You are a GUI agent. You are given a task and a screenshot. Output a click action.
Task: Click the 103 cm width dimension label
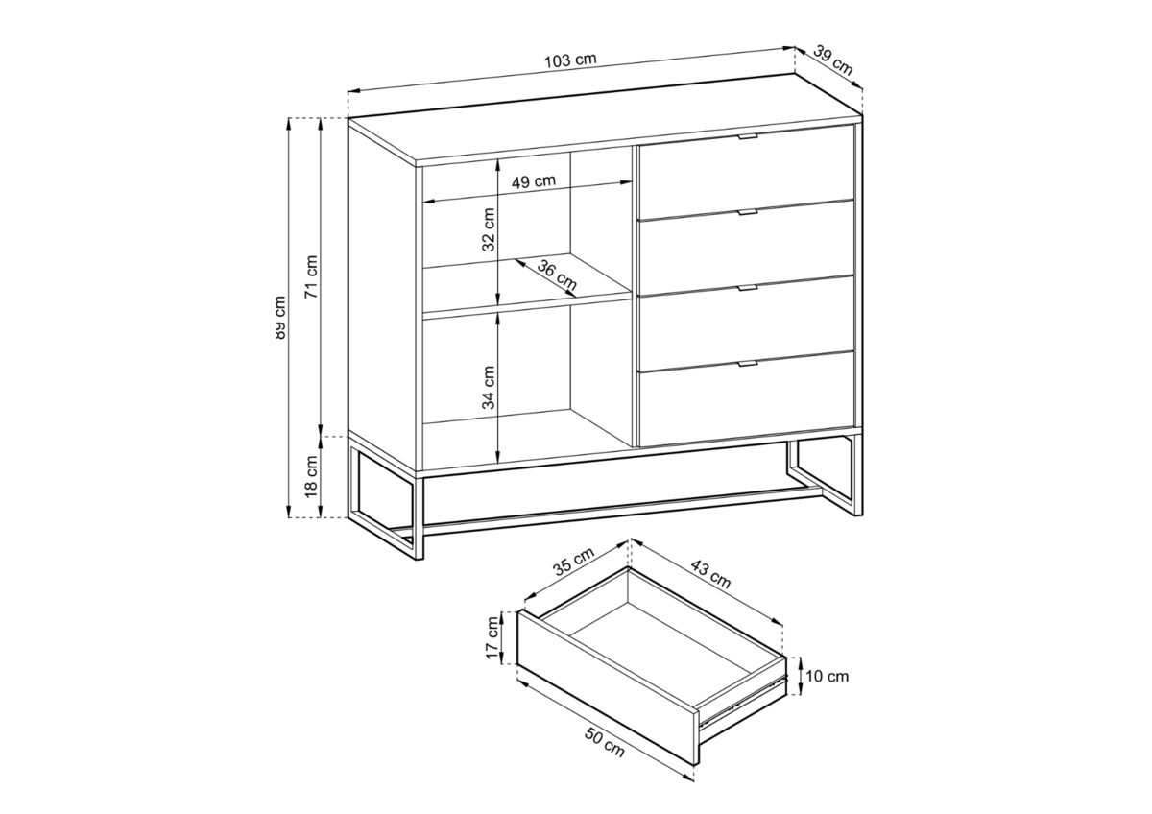pos(570,60)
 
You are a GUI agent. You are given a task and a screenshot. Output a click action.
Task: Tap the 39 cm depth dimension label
pos(833,61)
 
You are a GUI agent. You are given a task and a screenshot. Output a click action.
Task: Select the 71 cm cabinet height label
pos(312,276)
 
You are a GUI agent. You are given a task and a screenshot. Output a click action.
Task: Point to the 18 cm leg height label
pos(312,476)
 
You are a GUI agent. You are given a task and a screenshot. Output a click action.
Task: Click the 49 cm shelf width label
pos(534,181)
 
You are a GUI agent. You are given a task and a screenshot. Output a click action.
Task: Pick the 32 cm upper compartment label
pos(489,229)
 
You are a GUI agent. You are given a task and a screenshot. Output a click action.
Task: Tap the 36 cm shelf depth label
pos(557,275)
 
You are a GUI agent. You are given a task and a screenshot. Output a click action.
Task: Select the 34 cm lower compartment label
pos(489,387)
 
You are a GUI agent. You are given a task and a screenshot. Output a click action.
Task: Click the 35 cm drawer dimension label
pos(573,561)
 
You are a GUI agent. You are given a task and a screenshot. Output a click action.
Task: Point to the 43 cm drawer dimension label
pos(710,573)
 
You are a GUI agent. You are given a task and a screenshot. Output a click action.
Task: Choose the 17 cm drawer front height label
pos(492,637)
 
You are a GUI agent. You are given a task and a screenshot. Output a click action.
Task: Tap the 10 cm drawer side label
pos(827,676)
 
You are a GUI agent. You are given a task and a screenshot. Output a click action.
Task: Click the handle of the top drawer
pos(747,136)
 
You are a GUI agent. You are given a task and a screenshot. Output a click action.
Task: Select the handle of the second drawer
pos(747,212)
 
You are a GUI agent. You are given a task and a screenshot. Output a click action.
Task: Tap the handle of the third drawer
pos(747,288)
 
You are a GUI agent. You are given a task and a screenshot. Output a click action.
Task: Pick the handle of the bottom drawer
pos(747,364)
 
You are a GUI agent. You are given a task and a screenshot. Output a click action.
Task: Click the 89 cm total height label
pos(279,318)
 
